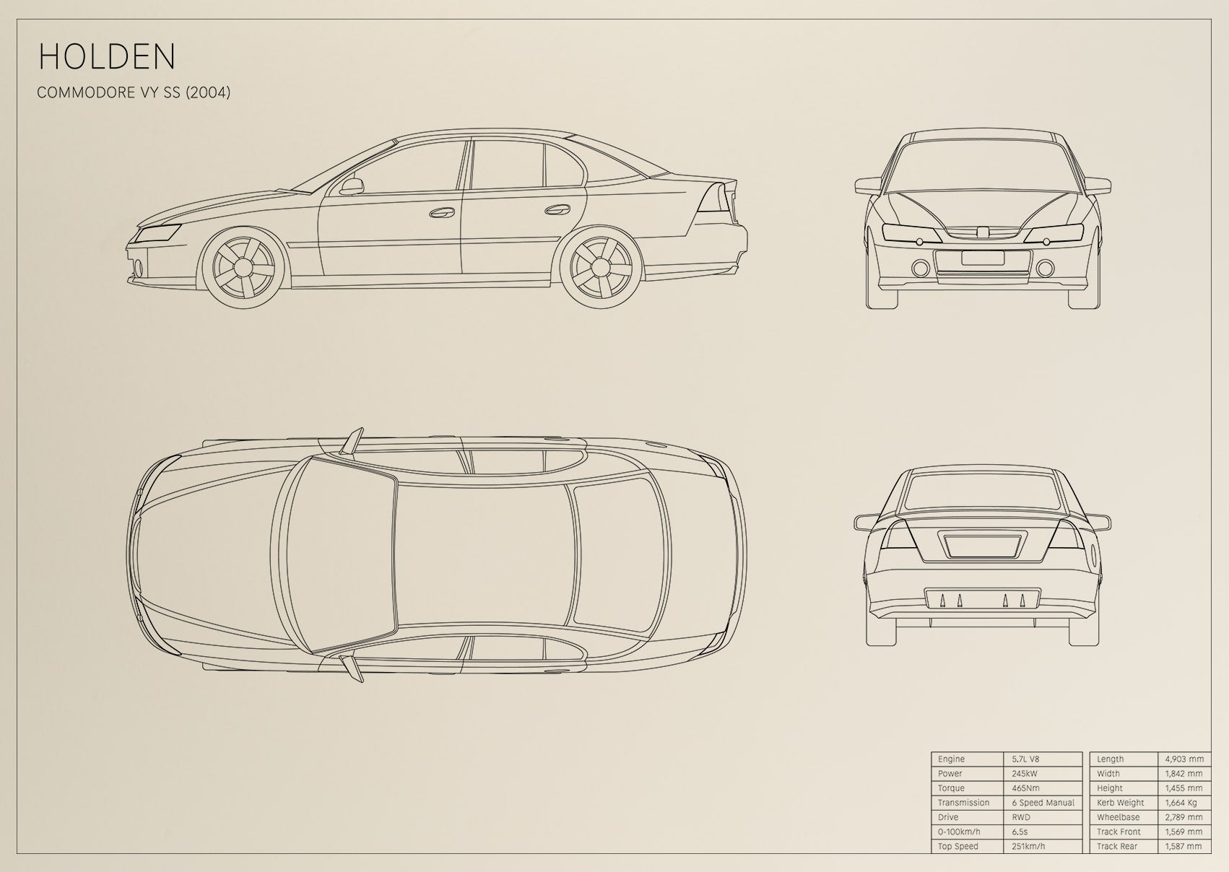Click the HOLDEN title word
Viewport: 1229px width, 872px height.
pos(107,56)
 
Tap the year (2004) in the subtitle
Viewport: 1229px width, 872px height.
pos(208,92)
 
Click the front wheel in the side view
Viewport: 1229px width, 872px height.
pos(243,267)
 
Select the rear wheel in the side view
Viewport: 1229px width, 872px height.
pos(601,267)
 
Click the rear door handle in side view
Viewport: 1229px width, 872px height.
pos(557,209)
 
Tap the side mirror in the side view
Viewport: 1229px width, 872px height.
pos(352,186)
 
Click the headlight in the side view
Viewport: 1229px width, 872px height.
pos(158,234)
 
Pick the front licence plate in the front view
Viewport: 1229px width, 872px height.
pos(982,258)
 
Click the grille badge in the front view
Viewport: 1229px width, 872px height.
pos(982,232)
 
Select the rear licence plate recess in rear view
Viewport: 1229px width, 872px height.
pos(983,546)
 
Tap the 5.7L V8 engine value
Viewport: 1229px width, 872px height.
pos(1025,759)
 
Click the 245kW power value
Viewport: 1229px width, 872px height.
pos(1025,774)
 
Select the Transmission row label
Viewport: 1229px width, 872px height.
pos(963,803)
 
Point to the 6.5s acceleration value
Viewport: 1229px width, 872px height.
pos(1020,832)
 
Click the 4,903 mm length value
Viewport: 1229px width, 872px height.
pos(1184,759)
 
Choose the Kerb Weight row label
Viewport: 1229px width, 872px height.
pos(1121,803)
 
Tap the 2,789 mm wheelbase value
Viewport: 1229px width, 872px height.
pos(1184,818)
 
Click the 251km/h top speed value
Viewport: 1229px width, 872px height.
pos(1028,847)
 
